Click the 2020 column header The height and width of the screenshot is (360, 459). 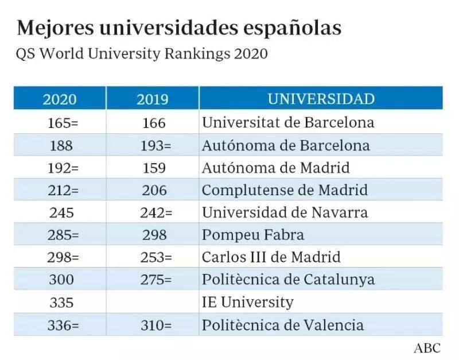coord(60,99)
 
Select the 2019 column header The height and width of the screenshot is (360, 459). coord(153,99)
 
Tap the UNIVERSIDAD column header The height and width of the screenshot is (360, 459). coord(321,99)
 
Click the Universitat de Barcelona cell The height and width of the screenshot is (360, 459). coord(288,122)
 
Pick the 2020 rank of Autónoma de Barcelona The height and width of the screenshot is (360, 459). coord(61,145)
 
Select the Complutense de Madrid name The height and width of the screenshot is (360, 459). coord(285,190)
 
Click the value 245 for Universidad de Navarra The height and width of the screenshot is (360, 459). coord(61,212)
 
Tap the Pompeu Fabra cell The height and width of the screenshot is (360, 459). coord(253,235)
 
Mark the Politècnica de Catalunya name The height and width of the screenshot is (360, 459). coord(288,280)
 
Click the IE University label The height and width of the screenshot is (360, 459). coord(247,302)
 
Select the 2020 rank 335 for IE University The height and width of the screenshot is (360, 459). coord(61,302)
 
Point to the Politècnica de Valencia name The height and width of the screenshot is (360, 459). coord(283,325)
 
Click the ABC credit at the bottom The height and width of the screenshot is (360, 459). coord(427,348)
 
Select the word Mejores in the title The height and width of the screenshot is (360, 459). coord(48,28)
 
